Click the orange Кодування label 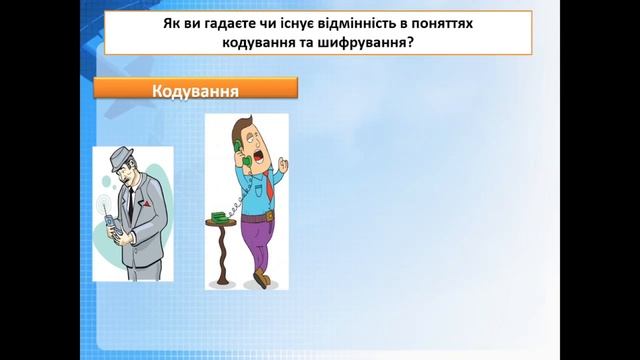tap(196, 87)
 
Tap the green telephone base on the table tap(219, 217)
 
